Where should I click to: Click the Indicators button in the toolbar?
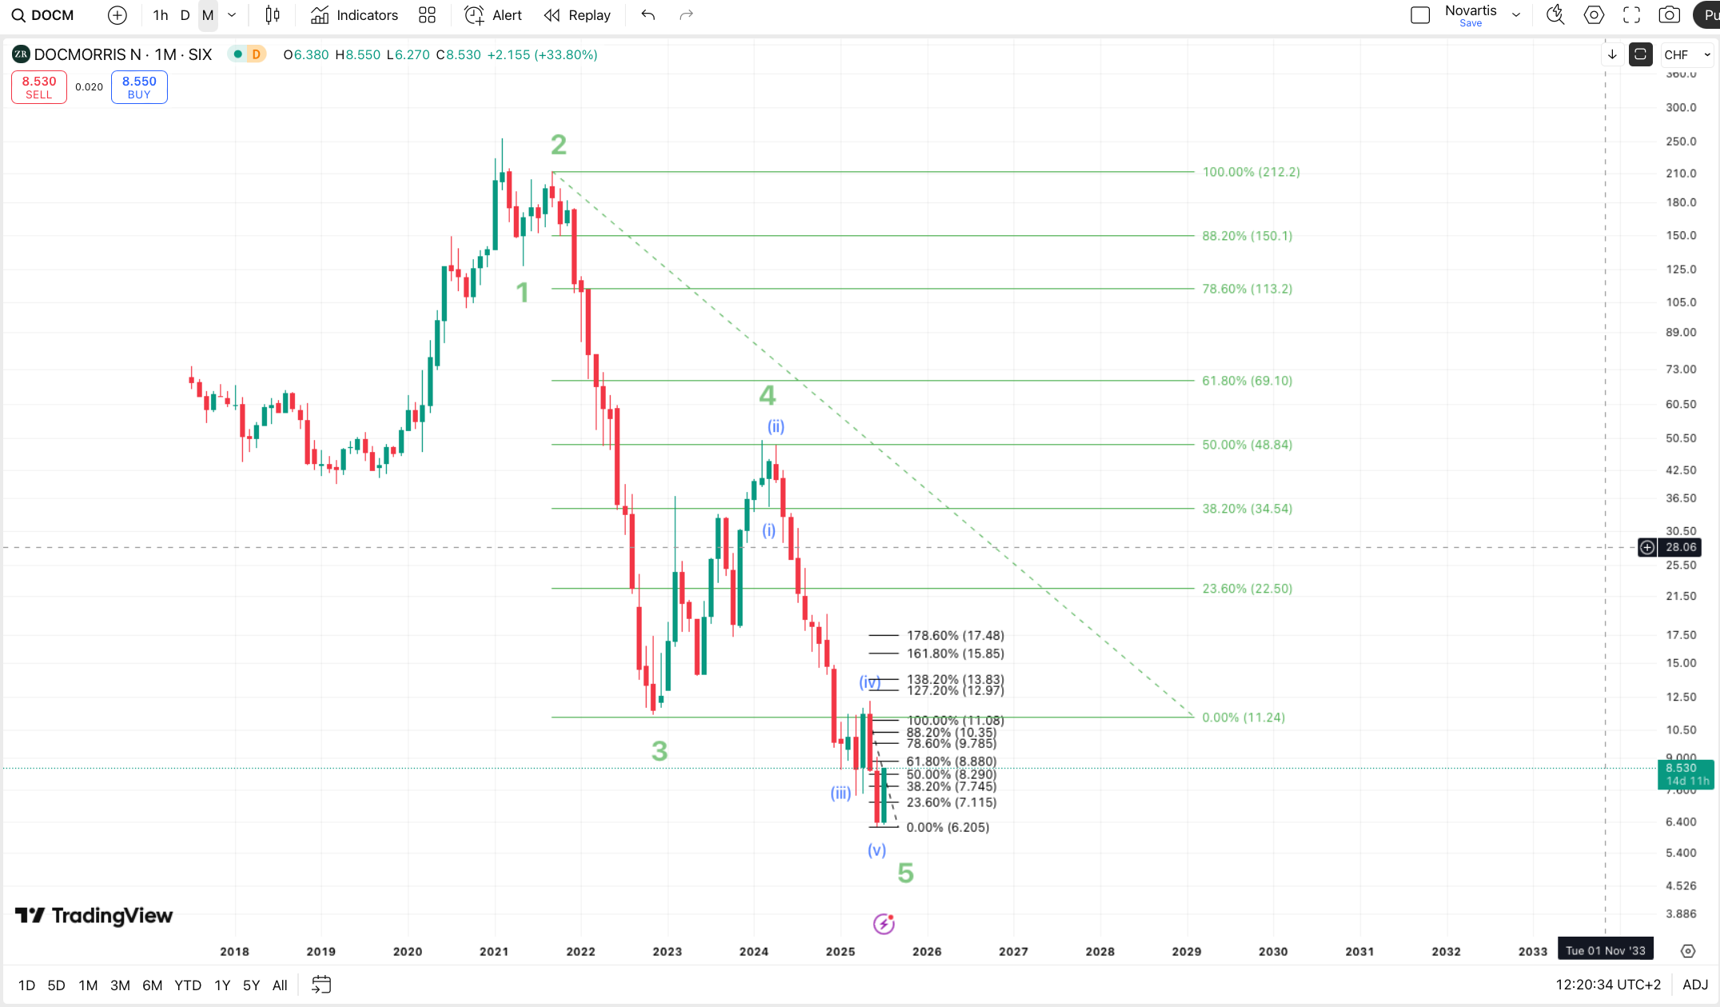[x=354, y=15]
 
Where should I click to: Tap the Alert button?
[x=494, y=15]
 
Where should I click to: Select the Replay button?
[x=577, y=15]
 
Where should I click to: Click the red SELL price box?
[x=39, y=87]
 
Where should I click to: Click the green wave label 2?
[x=559, y=145]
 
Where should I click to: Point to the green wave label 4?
[x=767, y=395]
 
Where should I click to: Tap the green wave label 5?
[x=906, y=873]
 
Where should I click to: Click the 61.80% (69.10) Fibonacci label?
[x=1247, y=381]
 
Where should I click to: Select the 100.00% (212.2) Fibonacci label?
[x=1251, y=172]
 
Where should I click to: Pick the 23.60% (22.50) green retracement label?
[x=1247, y=589]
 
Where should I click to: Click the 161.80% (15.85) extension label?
[x=955, y=653]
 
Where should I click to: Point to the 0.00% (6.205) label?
[x=948, y=827]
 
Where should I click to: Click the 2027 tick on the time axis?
[x=1013, y=951]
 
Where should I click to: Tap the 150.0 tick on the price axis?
[x=1681, y=235]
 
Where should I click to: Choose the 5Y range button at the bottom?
[x=251, y=985]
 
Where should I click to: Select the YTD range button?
[x=188, y=985]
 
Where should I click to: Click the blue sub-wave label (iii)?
[x=841, y=793]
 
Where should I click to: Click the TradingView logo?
[x=94, y=916]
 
